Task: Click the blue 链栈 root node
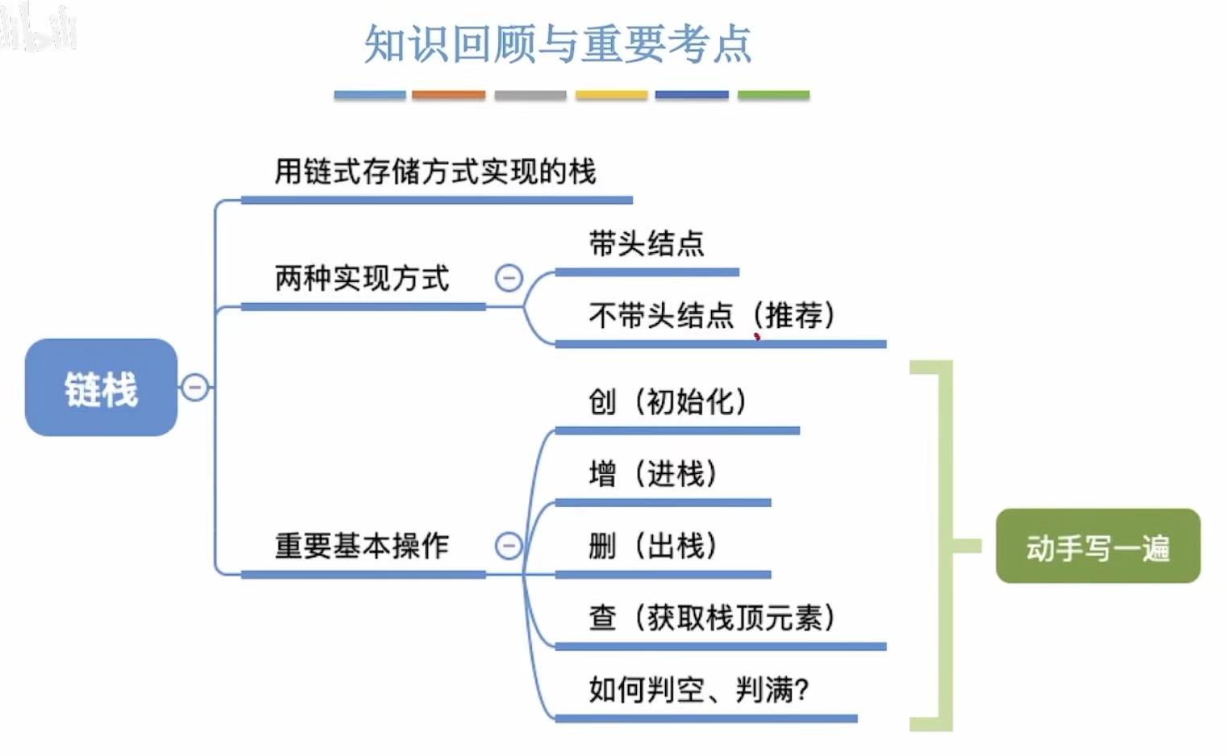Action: [x=101, y=388]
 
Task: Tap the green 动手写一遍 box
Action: [x=1097, y=546]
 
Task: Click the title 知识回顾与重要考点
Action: [x=558, y=44]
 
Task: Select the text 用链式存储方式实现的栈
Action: [x=435, y=172]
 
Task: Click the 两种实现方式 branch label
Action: [x=362, y=279]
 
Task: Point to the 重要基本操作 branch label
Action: [x=362, y=546]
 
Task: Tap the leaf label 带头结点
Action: [x=647, y=243]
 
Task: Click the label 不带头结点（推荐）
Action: [x=713, y=315]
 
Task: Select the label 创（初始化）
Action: [x=668, y=401]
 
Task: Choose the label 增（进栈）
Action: [x=653, y=473]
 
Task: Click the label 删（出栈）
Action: [x=653, y=546]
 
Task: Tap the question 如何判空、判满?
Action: [x=699, y=690]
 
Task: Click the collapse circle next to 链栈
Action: [x=194, y=388]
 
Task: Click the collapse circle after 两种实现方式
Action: [x=509, y=279]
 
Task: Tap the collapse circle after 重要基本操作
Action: [x=509, y=546]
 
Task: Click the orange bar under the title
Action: [x=449, y=95]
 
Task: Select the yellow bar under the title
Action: [x=611, y=95]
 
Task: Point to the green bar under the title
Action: [x=773, y=95]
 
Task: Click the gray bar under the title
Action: [x=530, y=95]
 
